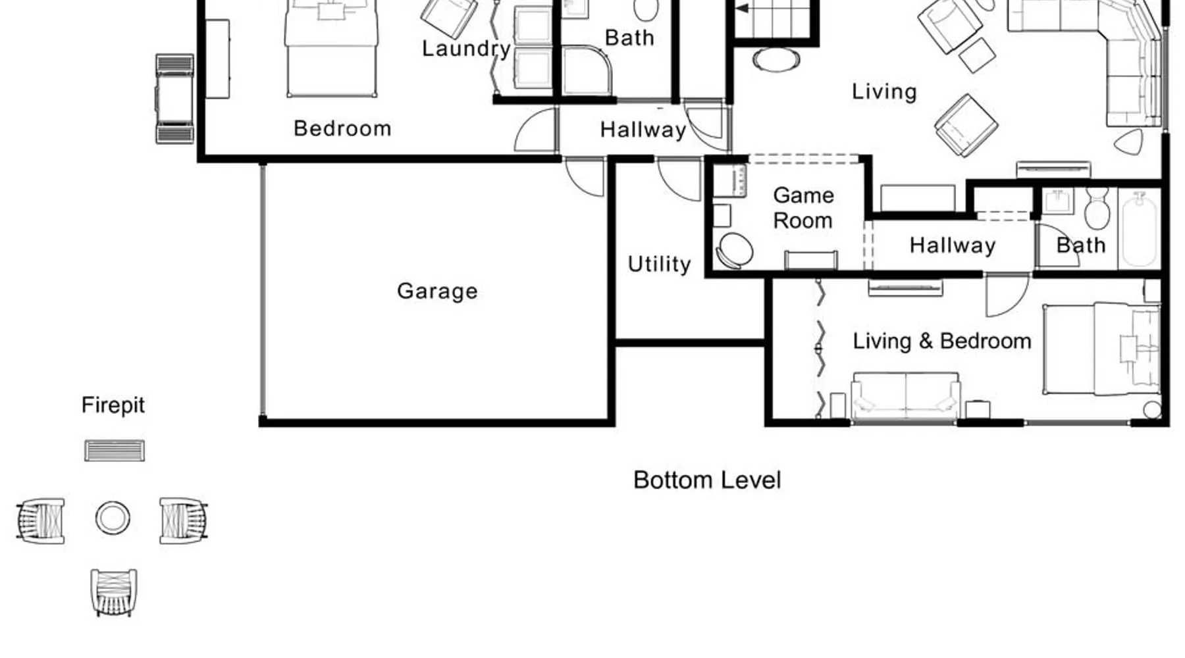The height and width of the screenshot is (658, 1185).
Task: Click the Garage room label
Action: click(x=437, y=291)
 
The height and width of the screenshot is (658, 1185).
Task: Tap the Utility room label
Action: click(x=659, y=264)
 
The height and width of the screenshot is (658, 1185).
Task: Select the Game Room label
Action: click(x=803, y=208)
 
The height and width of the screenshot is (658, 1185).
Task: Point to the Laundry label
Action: click(x=466, y=48)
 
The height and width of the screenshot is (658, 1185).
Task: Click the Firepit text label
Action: click(x=113, y=405)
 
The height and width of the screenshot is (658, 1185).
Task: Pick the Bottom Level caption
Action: click(x=707, y=480)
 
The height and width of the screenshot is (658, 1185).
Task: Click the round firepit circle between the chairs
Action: click(x=113, y=518)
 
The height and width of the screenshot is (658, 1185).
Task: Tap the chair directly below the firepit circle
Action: click(x=114, y=592)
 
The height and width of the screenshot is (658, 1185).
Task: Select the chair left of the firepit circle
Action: click(x=41, y=520)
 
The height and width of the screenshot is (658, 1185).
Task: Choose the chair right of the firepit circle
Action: click(x=184, y=520)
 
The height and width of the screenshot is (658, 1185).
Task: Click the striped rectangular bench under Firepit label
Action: click(x=115, y=451)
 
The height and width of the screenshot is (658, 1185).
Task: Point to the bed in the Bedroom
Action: click(x=332, y=48)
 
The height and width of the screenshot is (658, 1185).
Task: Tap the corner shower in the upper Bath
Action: click(x=587, y=70)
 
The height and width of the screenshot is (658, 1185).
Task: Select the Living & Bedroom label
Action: click(x=942, y=341)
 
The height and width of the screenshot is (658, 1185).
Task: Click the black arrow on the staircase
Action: click(x=742, y=9)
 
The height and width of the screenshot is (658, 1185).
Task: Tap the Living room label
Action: click(x=884, y=91)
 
